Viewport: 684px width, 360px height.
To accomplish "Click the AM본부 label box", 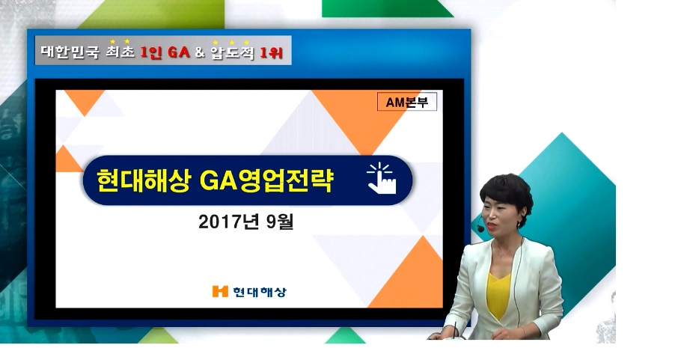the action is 407,102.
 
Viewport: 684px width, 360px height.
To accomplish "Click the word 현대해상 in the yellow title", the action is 144,180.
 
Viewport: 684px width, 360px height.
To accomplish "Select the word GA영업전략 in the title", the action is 267,180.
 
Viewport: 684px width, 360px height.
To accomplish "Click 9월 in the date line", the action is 279,222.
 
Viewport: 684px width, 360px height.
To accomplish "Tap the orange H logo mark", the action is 220,291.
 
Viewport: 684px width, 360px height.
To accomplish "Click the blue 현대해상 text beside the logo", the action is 260,292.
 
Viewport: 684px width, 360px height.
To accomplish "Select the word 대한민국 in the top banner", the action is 70,52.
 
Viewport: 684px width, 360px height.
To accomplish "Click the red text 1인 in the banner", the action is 151,52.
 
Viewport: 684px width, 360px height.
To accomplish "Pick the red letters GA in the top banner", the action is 179,52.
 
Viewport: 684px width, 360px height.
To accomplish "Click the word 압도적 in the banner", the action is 232,52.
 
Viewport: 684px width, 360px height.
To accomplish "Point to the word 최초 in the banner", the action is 120,52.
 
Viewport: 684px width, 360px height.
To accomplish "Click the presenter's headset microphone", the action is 480,228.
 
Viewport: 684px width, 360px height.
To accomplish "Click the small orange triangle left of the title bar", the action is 67,160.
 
